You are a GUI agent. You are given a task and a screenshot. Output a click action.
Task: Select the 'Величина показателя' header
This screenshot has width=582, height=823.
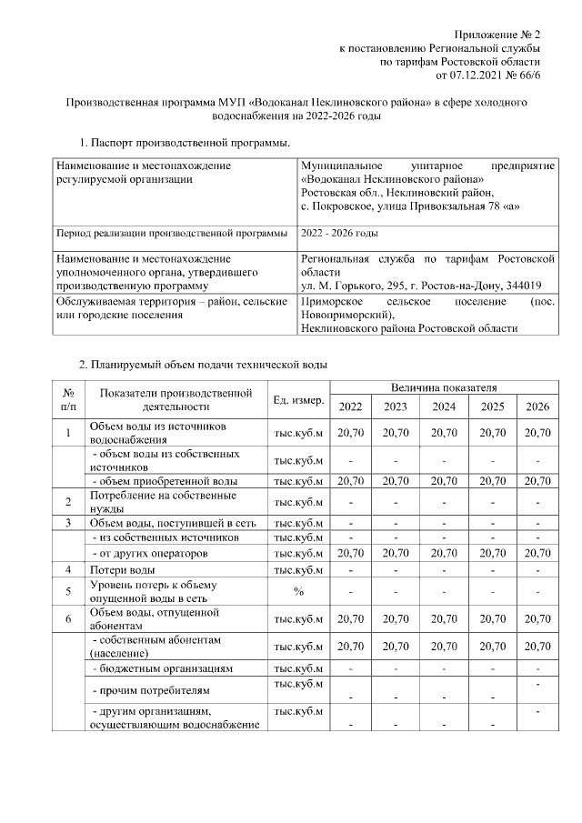pyautogui.click(x=444, y=387)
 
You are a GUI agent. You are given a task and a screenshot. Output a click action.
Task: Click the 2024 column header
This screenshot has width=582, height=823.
pyautogui.click(x=444, y=406)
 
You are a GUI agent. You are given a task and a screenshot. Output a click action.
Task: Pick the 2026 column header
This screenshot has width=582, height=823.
pyautogui.click(x=537, y=406)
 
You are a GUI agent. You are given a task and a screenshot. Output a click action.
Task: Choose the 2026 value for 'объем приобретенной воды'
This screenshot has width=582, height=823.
pyautogui.click(x=537, y=480)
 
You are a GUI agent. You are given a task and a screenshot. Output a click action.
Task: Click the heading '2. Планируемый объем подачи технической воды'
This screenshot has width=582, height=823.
pyautogui.click(x=202, y=365)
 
